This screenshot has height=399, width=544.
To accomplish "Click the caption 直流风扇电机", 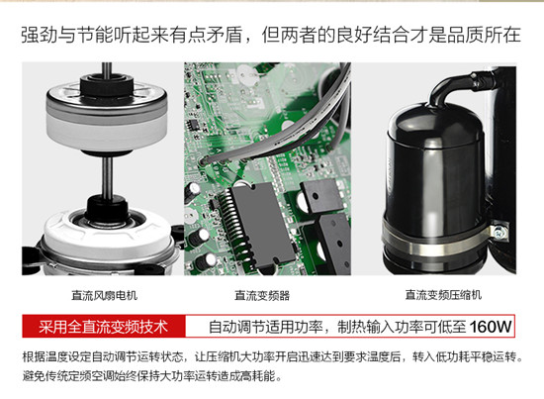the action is click(105, 295).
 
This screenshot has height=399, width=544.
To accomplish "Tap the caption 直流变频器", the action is click(262, 295).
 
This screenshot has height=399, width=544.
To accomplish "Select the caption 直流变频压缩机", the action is click(443, 295).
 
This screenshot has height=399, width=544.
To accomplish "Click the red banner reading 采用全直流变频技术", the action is click(104, 327).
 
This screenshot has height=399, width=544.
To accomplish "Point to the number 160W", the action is click(491, 327).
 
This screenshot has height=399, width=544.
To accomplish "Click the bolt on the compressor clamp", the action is click(499, 231).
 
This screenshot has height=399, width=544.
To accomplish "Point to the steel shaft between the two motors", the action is click(108, 176).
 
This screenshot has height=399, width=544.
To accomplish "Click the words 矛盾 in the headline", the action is click(225, 35).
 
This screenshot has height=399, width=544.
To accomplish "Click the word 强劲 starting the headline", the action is click(40, 35).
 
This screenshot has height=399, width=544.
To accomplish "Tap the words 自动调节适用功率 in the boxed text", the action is click(266, 327).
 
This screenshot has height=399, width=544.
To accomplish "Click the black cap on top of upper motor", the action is click(107, 84).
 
